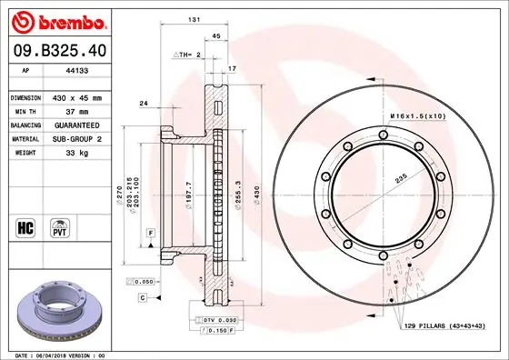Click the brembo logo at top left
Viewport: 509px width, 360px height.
tap(59, 20)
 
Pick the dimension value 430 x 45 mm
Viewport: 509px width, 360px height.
tap(77, 97)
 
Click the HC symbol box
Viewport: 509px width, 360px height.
tap(26, 225)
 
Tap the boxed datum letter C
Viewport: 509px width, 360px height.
tap(143, 297)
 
